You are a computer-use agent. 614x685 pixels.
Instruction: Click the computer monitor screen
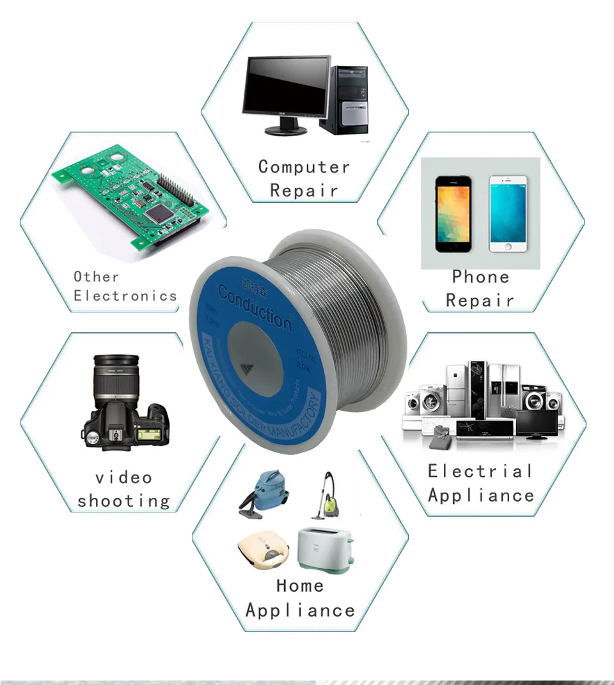(288, 86)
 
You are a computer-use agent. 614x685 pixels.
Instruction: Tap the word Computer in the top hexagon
(304, 167)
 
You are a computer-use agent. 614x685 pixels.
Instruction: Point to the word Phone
(480, 277)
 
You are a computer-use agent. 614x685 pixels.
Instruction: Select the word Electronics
(125, 295)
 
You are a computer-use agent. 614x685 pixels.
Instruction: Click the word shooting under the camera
(124, 501)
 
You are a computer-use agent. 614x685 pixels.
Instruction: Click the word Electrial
(480, 472)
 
